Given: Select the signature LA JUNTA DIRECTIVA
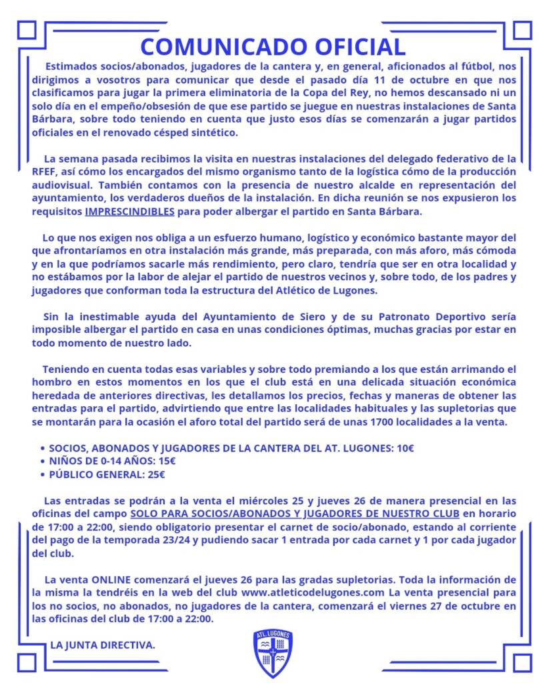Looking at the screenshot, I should click(x=103, y=645).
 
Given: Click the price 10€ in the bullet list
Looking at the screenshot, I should click(x=405, y=448).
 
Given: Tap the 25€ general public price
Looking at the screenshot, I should click(x=153, y=475).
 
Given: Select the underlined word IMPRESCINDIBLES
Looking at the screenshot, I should click(x=129, y=212).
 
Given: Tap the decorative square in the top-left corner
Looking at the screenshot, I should click(x=27, y=31).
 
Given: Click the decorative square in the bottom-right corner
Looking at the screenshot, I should click(x=521, y=662).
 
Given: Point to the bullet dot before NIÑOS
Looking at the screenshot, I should click(x=43, y=462).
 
